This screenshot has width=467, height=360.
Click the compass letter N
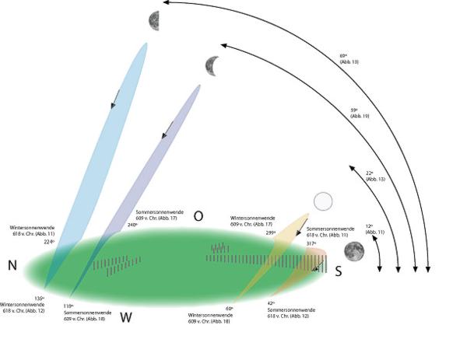tap(12, 266)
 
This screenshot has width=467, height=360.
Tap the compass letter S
tap(338, 271)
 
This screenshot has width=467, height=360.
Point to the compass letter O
tap(198, 216)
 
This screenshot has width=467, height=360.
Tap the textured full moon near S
tap(354, 250)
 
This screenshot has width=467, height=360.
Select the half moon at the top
tap(156, 19)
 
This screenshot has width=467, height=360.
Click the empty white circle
tap(322, 202)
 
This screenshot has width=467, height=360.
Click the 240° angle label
tap(132, 225)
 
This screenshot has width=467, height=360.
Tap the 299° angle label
tap(271, 232)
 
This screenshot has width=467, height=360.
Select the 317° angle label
tap(311, 243)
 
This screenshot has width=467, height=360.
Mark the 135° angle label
tap(38, 298)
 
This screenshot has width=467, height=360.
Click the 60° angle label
tap(229, 308)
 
